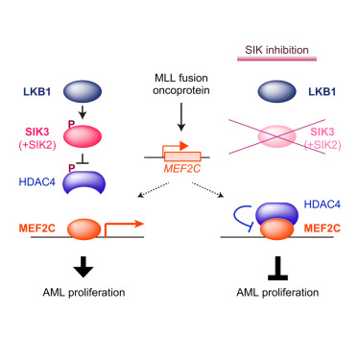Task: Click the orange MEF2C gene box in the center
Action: (x=180, y=156)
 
